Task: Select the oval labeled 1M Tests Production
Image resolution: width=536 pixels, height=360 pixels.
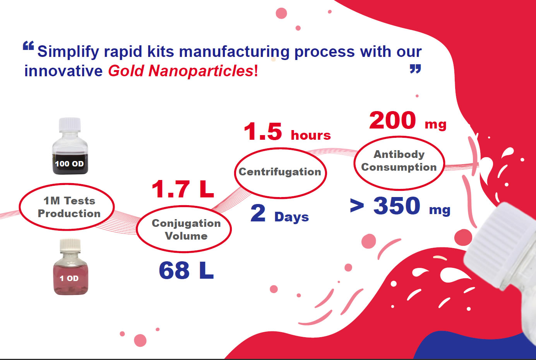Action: click(x=67, y=207)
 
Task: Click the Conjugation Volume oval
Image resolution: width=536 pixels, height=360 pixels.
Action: click(x=184, y=229)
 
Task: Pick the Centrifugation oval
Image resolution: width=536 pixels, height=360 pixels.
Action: click(x=280, y=172)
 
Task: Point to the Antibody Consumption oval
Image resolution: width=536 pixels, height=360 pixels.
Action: click(x=399, y=163)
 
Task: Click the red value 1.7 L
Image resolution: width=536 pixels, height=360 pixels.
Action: click(x=182, y=189)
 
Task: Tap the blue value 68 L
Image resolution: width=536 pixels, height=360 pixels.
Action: click(x=186, y=270)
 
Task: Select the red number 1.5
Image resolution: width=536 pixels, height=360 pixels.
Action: click(x=263, y=132)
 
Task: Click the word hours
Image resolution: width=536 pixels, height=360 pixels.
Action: click(x=311, y=135)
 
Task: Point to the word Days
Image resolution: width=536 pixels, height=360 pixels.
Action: click(x=291, y=217)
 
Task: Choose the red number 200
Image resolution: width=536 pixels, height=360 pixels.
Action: click(x=392, y=120)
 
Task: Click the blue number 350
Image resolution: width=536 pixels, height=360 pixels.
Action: click(x=397, y=206)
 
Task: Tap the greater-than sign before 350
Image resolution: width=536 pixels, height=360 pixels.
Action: click(x=356, y=206)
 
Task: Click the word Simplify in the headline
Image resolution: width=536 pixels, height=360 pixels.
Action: click(x=68, y=51)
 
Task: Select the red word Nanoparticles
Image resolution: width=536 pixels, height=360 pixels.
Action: click(x=201, y=71)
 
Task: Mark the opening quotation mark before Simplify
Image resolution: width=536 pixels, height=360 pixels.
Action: click(x=28, y=46)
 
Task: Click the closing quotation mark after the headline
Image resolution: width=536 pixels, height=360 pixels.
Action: click(x=415, y=70)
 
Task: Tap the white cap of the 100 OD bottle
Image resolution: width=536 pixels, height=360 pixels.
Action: click(x=70, y=124)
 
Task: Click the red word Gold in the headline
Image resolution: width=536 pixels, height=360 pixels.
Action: click(x=126, y=71)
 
